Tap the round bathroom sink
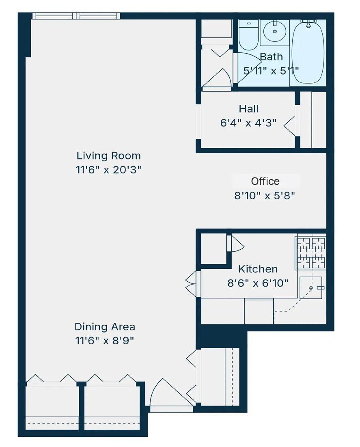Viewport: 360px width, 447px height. (275, 31)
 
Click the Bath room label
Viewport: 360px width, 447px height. (271, 56)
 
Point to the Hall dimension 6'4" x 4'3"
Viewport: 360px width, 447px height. (248, 123)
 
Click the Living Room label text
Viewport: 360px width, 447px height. (108, 156)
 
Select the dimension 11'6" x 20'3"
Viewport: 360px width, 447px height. (108, 170)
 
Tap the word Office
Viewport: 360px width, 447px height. (265, 181)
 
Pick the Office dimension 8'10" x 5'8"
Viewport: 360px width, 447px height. (264, 196)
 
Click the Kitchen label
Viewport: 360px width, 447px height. (258, 269)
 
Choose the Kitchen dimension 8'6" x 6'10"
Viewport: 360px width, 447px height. (258, 283)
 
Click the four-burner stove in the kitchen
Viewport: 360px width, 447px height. (311, 253)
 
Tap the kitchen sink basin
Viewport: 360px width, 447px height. (311, 287)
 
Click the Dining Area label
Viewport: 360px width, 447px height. (105, 326)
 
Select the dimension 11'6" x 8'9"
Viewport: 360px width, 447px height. (105, 341)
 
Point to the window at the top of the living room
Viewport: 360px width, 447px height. (76, 16)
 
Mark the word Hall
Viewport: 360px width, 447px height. (248, 109)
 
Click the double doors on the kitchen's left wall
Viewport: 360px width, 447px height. (192, 283)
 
